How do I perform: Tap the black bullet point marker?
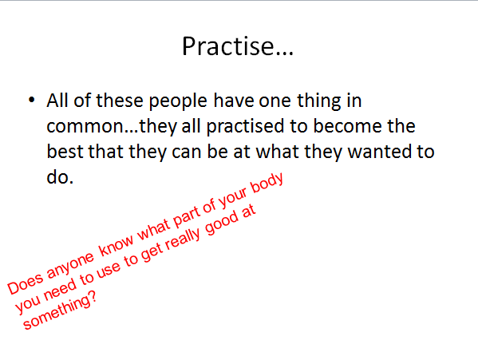click(x=32, y=100)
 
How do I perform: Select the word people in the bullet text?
click(x=178, y=101)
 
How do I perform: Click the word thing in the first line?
click(x=319, y=101)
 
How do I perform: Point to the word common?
click(x=85, y=127)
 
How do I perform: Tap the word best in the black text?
click(x=65, y=152)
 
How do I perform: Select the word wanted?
click(x=377, y=152)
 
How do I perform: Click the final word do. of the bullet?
click(x=60, y=176)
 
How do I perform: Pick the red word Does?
click(x=26, y=284)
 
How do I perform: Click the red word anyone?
click(x=71, y=265)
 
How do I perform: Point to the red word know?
click(x=117, y=245)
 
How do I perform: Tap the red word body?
click(x=267, y=184)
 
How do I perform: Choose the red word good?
click(x=222, y=223)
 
